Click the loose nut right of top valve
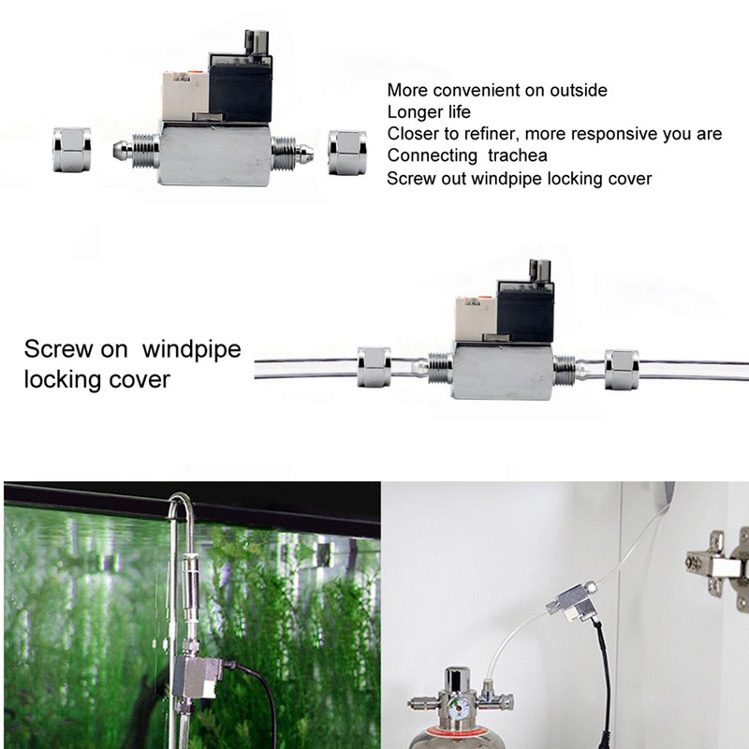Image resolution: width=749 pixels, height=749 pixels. (345, 147)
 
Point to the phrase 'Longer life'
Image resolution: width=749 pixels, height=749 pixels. (428, 112)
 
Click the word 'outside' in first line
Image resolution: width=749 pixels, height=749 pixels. (574, 91)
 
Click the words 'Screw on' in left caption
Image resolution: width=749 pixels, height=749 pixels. (78, 350)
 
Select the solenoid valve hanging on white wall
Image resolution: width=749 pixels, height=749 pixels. (572, 603)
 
